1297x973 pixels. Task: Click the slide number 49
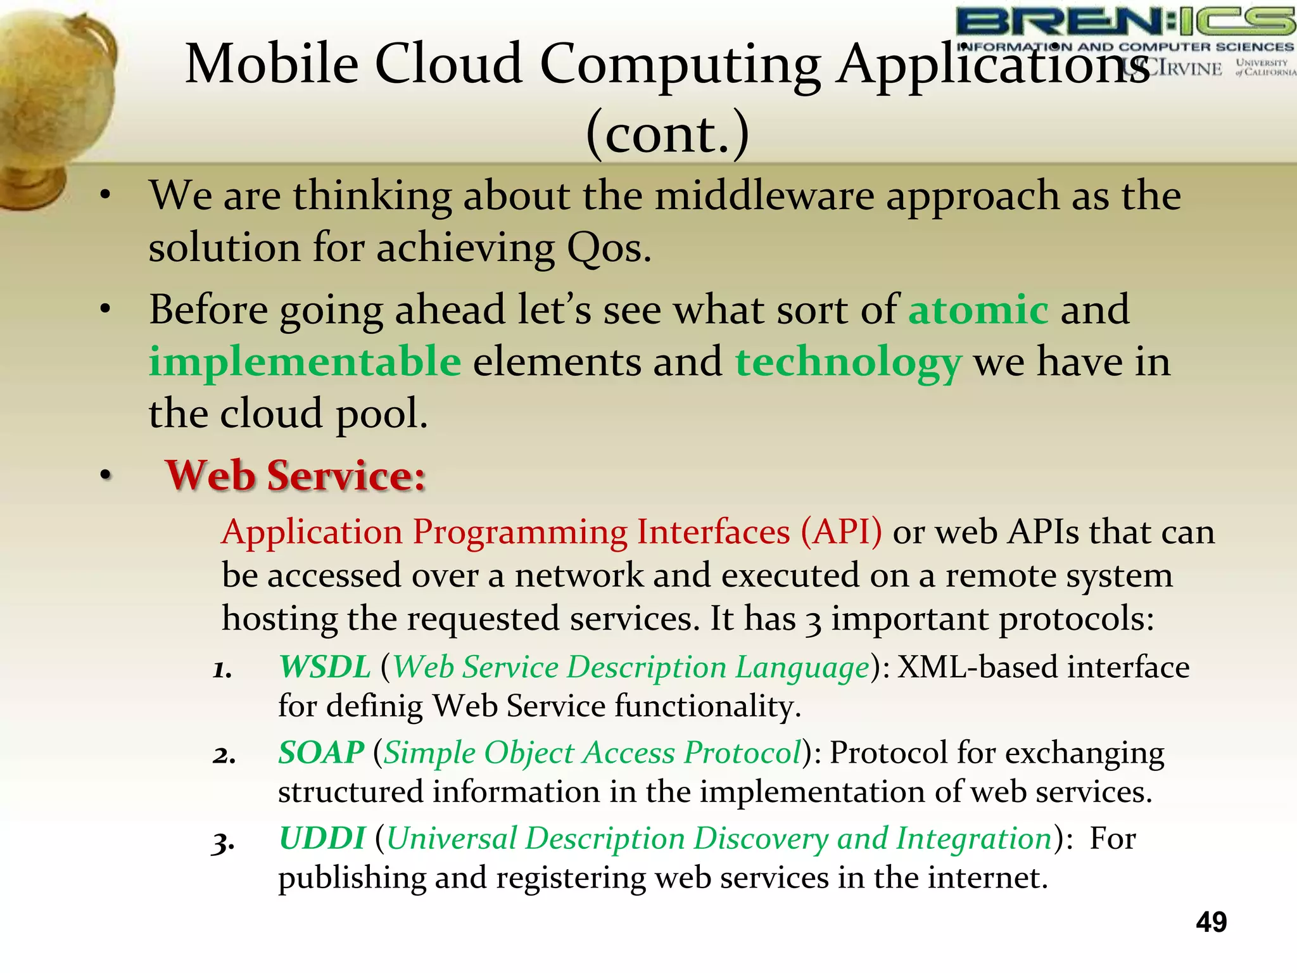click(1211, 922)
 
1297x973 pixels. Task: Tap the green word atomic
click(978, 310)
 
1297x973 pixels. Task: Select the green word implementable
click(305, 362)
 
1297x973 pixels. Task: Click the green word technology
click(848, 364)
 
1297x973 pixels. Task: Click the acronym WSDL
click(325, 667)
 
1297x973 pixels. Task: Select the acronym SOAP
click(321, 753)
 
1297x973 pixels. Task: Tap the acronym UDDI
click(322, 838)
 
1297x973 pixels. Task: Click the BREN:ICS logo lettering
click(1125, 23)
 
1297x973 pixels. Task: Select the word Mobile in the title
click(272, 63)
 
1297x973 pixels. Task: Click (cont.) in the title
click(667, 134)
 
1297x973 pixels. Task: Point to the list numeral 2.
click(224, 755)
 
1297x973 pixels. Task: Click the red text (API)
click(840, 531)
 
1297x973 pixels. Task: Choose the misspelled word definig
click(374, 706)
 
